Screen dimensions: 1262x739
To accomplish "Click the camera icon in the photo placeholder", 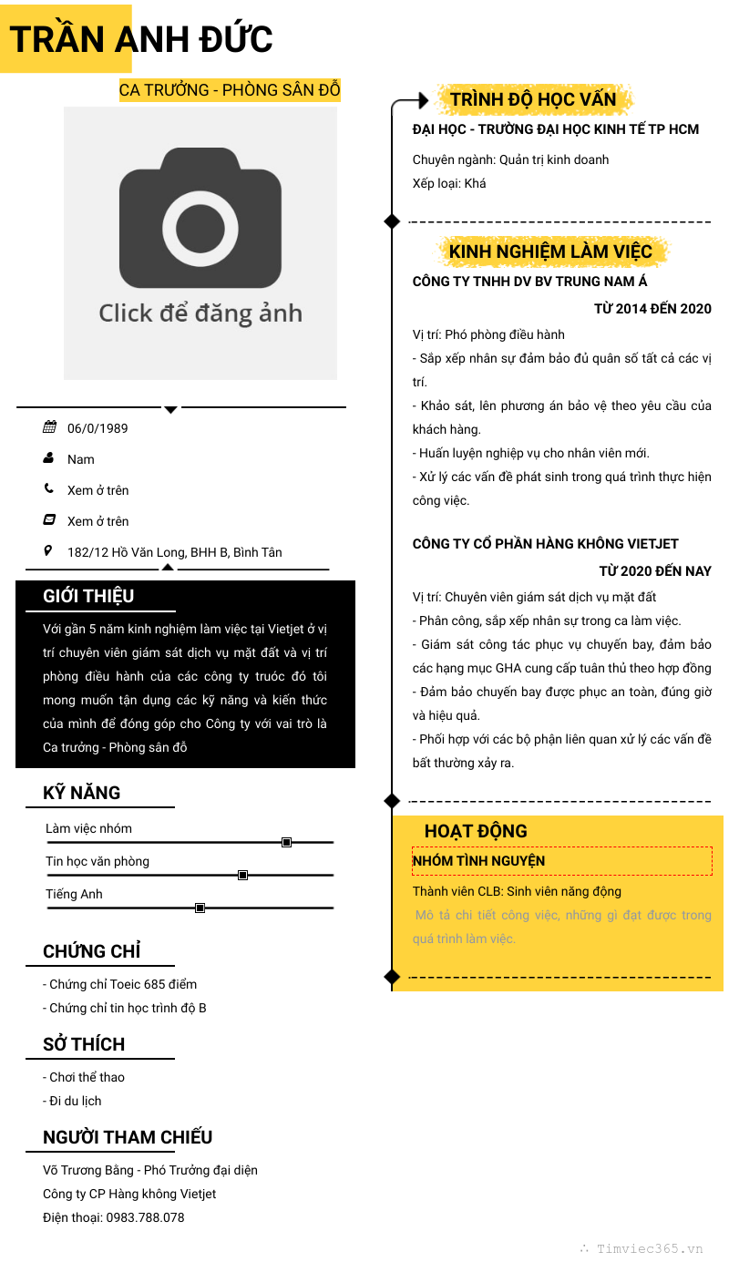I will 200,219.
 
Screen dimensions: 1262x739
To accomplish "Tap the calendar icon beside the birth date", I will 49,427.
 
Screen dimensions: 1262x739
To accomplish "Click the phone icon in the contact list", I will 48,488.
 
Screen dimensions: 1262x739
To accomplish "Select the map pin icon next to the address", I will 48,550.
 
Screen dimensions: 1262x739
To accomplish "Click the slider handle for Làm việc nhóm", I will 286,842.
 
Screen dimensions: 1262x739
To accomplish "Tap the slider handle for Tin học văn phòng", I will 242,875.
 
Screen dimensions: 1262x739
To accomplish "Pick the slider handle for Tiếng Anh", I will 200,908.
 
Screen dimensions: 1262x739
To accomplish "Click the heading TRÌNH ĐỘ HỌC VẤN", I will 533,99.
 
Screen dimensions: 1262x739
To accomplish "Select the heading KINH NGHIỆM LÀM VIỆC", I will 550,251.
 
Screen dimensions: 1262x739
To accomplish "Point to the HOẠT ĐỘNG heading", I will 476,831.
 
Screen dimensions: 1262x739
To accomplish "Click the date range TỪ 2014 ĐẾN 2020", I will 652,309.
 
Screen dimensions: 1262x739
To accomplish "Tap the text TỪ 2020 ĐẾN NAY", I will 655,571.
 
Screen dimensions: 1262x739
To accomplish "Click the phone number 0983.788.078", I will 145,1217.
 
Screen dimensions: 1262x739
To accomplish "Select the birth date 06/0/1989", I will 98,428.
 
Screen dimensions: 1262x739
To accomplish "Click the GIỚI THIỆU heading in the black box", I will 88,596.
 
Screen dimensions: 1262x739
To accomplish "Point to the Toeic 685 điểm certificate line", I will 119,984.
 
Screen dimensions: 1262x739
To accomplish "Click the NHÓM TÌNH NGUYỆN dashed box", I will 561,861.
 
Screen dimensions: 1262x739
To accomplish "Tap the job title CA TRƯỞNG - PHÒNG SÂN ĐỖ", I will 230,90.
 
